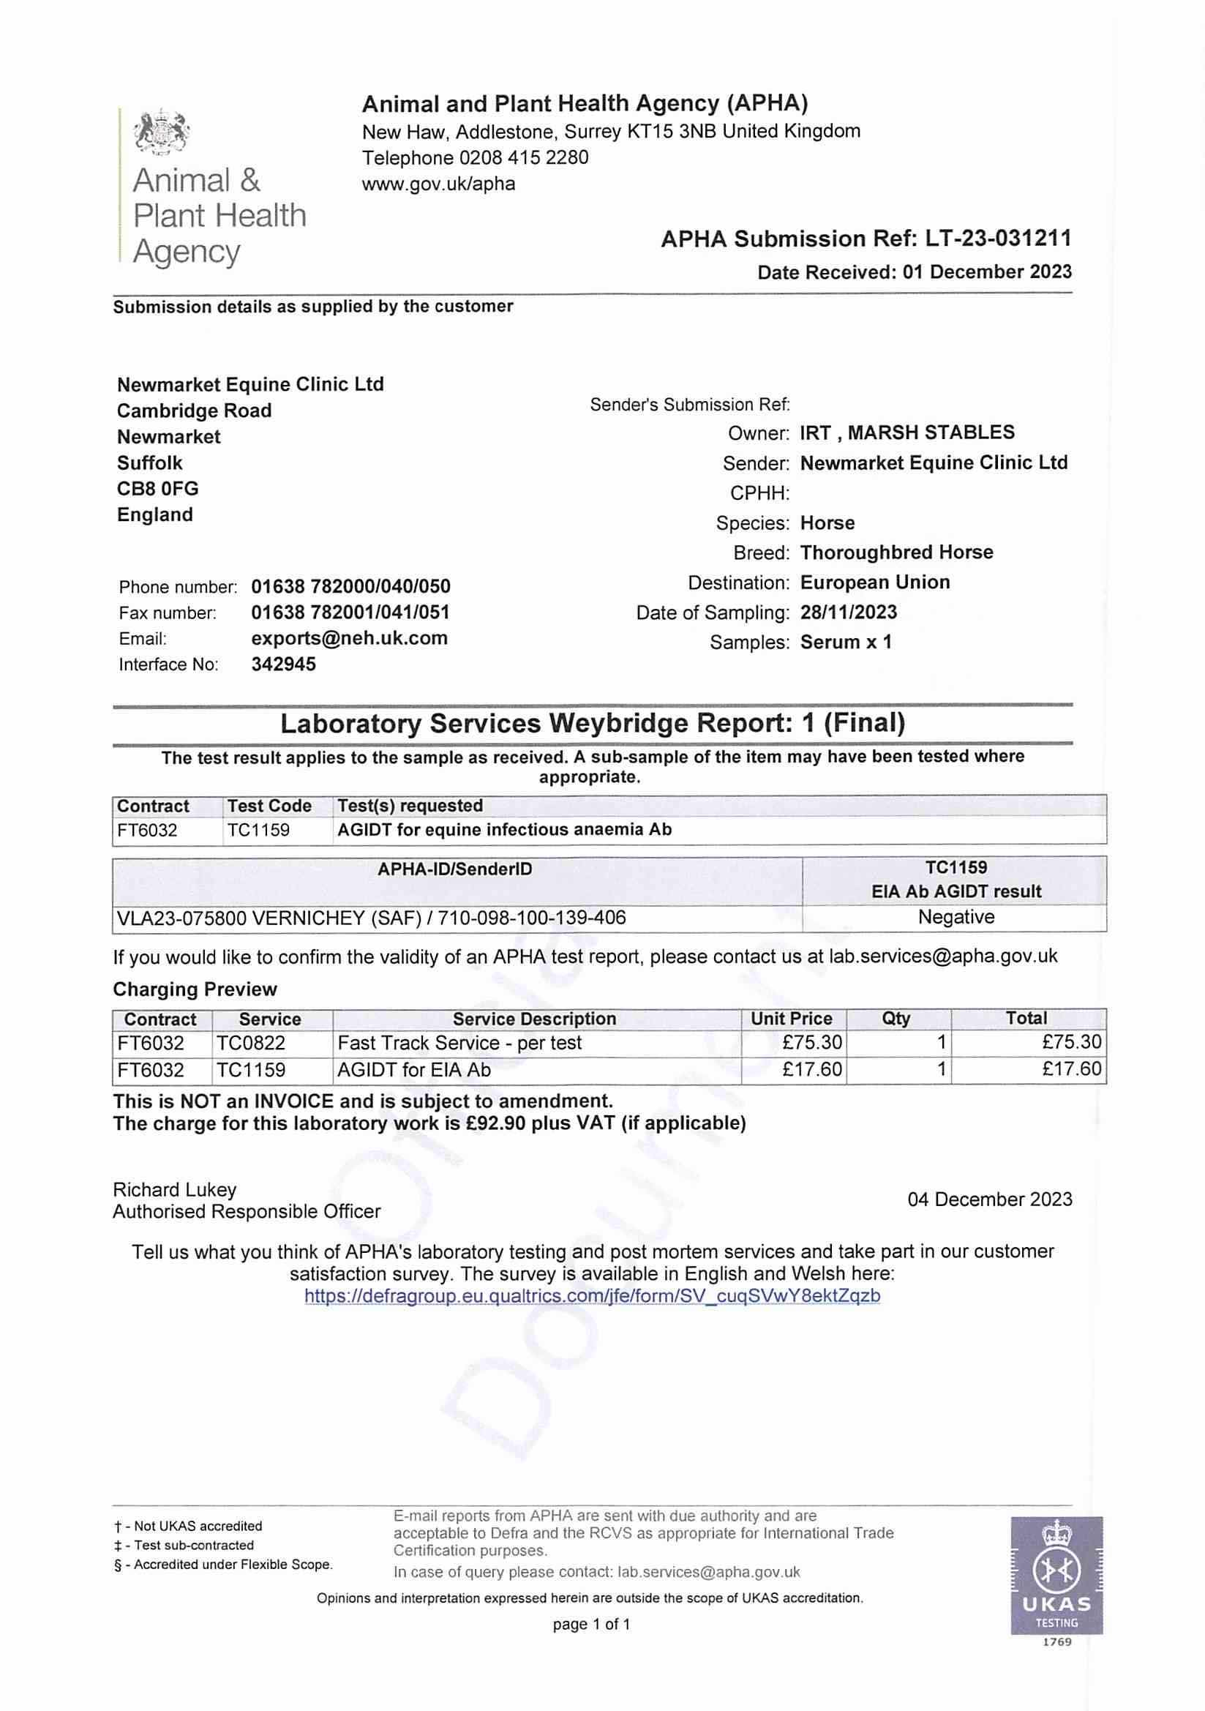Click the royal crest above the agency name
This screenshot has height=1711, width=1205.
(162, 132)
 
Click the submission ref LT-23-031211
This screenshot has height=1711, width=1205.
(998, 239)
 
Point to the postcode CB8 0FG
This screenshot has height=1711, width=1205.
(158, 489)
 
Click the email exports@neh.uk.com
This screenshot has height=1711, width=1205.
(350, 638)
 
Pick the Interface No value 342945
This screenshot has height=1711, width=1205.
(283, 664)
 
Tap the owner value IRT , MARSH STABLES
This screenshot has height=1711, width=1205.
(907, 433)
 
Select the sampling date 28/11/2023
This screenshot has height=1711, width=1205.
(848, 612)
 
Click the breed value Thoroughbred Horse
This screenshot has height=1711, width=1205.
(896, 553)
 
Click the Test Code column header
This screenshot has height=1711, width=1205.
(269, 806)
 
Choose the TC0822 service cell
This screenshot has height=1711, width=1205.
(251, 1043)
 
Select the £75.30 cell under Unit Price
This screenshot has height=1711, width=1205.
(812, 1043)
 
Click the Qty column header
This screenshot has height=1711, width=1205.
(895, 1018)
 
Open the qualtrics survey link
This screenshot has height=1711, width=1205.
(593, 1296)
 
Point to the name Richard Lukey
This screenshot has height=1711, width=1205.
(174, 1190)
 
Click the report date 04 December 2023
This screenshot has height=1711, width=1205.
(989, 1199)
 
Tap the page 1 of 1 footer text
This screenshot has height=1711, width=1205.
(591, 1625)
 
